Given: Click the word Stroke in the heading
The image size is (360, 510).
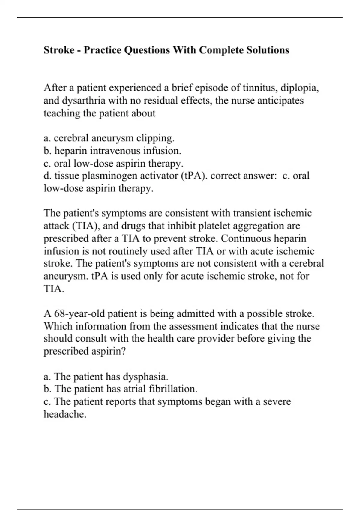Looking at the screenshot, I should pyautogui.click(x=59, y=50).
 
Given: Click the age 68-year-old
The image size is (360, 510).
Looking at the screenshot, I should pyautogui.click(x=79, y=314).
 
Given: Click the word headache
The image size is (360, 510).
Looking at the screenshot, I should pyautogui.click(x=65, y=414).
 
